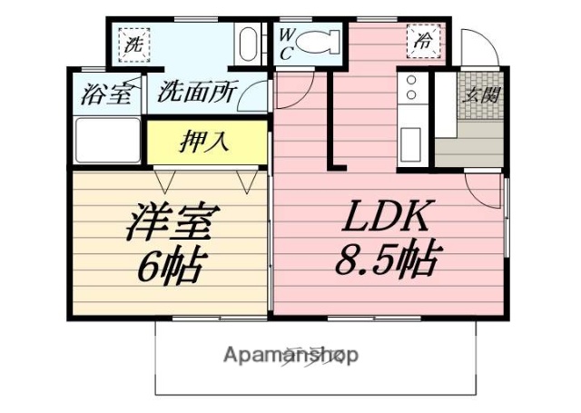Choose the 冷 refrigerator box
tap(423, 41)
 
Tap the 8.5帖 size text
tap(385, 262)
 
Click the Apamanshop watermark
tap(290, 355)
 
